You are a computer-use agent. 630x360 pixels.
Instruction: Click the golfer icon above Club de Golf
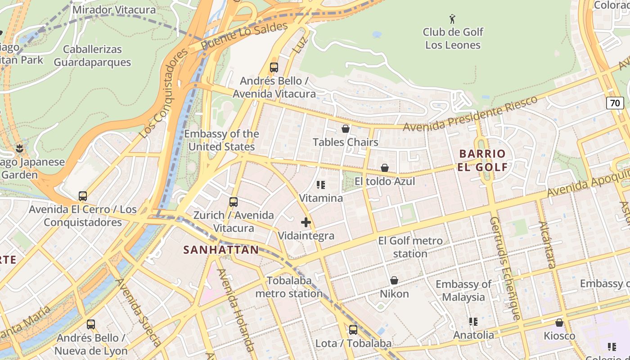[x=453, y=19]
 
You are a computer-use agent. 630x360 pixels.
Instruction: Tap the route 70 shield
[x=615, y=103]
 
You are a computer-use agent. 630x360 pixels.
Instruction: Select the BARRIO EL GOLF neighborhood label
[x=482, y=161]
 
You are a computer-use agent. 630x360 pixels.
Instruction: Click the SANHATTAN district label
[x=221, y=250]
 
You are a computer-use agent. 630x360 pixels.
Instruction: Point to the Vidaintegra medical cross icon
[x=306, y=222]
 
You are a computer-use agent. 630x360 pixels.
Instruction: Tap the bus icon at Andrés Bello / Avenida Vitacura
[x=274, y=67]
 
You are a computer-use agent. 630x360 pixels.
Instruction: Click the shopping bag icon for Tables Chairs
[x=346, y=129]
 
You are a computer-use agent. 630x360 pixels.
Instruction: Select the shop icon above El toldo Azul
[x=385, y=168]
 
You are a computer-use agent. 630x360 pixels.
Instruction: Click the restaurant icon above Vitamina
[x=321, y=185]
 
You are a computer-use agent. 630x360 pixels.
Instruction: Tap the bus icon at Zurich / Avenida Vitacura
[x=233, y=202]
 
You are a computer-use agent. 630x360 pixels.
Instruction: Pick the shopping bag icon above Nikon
[x=394, y=281]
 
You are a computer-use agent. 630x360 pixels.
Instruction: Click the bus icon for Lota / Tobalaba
[x=353, y=330]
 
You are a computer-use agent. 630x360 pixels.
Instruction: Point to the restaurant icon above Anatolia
[x=473, y=322]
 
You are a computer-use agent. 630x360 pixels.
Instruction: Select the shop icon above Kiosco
[x=559, y=323]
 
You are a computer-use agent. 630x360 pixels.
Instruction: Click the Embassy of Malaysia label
[x=463, y=291]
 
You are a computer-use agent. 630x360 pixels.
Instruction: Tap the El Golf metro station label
[x=410, y=247]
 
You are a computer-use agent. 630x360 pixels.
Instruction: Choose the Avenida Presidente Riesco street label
[x=470, y=113]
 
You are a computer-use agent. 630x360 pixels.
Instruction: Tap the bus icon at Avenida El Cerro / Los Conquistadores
[x=83, y=196]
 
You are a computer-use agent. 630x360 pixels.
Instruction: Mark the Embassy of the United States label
[x=221, y=140]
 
